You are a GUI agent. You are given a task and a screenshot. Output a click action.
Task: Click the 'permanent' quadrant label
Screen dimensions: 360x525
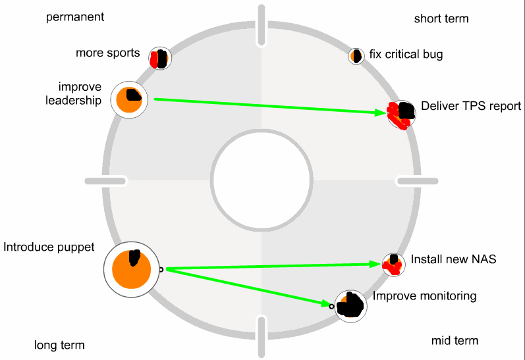[75, 17]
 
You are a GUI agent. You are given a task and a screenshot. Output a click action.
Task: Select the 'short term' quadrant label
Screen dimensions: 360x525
[441, 18]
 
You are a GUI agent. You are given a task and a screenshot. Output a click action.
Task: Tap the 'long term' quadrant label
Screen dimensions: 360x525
[59, 345]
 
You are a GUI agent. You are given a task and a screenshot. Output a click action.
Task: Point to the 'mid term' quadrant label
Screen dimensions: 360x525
[455, 340]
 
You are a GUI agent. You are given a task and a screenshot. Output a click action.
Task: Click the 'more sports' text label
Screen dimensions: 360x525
[108, 53]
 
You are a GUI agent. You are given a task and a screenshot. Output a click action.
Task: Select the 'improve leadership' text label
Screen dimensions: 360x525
[80, 93]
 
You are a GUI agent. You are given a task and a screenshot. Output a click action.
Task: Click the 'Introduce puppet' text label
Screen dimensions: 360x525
[49, 247]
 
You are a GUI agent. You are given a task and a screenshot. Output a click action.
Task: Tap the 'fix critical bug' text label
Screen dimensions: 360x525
[406, 54]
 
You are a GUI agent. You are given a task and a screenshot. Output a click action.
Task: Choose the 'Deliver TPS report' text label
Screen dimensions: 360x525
[471, 106]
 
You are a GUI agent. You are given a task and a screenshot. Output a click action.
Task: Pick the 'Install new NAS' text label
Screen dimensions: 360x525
[453, 259]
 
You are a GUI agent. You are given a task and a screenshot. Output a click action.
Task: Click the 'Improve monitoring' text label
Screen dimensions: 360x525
[424, 296]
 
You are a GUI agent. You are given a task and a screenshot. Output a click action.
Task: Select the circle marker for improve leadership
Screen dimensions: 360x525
[130, 100]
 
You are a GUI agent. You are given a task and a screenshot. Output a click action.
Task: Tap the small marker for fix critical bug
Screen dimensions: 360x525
[356, 56]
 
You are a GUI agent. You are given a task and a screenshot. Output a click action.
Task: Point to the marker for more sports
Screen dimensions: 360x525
[159, 59]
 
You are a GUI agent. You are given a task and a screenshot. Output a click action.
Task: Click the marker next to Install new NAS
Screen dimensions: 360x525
[394, 264]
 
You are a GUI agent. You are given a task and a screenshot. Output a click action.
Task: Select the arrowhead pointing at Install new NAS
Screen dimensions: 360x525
[378, 264]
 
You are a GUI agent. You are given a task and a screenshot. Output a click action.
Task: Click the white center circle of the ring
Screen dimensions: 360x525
[262, 180]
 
